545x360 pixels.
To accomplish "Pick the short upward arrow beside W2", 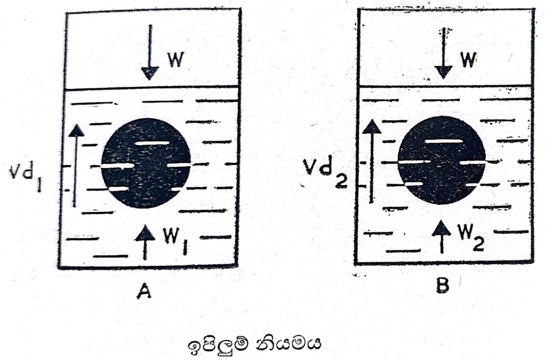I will point(442,236).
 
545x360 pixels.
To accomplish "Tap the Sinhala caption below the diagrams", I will point(253,343).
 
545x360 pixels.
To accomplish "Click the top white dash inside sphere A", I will point(152,143).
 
